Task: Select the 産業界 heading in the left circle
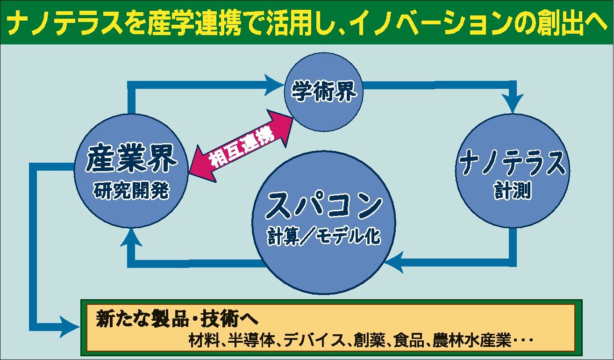click(x=131, y=160)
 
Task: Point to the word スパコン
click(x=324, y=206)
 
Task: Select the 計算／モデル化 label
click(x=324, y=238)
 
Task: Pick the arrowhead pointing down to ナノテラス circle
click(x=514, y=103)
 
